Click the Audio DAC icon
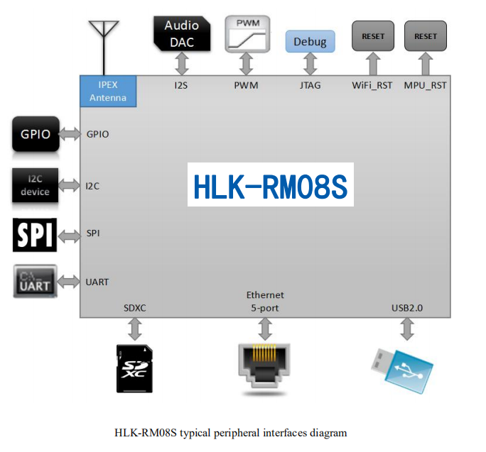(x=183, y=33)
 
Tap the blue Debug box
(x=310, y=42)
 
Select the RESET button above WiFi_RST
(x=373, y=36)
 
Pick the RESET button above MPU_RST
(x=426, y=36)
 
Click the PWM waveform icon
(x=247, y=34)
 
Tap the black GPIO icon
(x=35, y=134)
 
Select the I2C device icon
(x=35, y=186)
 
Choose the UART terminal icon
(x=35, y=281)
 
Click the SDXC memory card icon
(x=135, y=368)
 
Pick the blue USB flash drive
(x=401, y=368)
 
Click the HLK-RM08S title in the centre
(x=270, y=186)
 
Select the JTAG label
(x=310, y=86)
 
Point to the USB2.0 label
(x=408, y=308)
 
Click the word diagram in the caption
(x=329, y=432)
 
